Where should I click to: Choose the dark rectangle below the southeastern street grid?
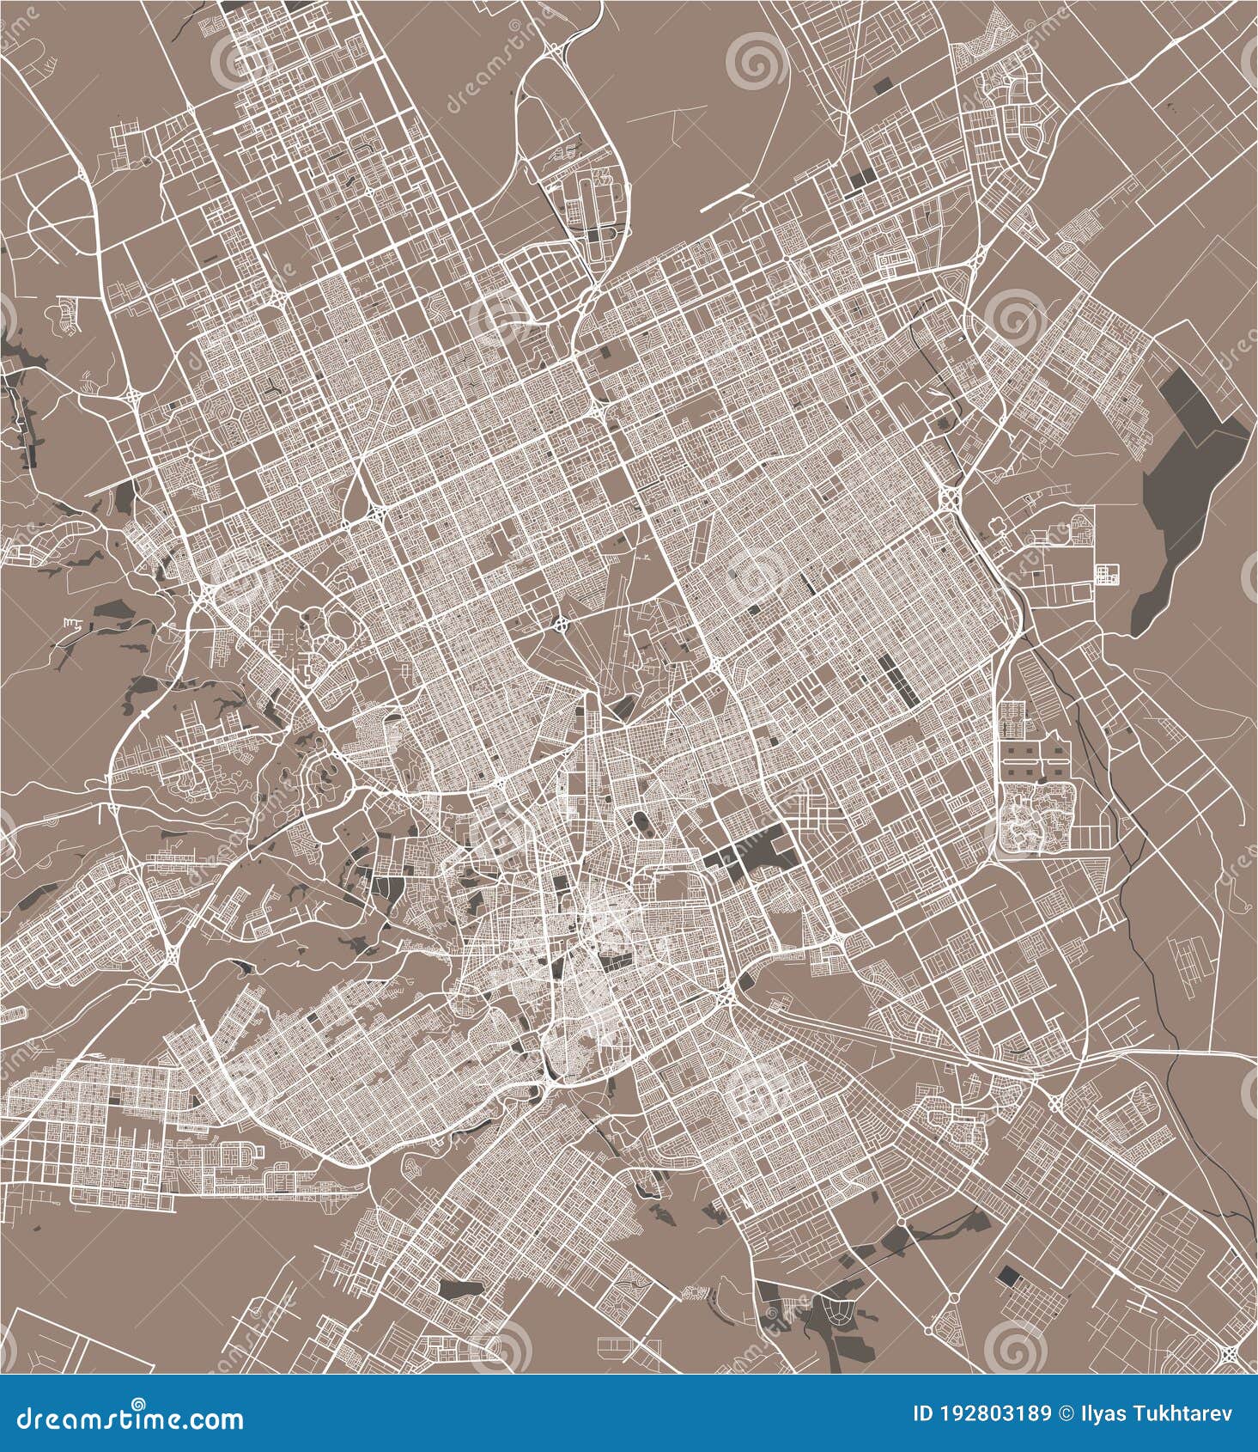tap(1007, 1274)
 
